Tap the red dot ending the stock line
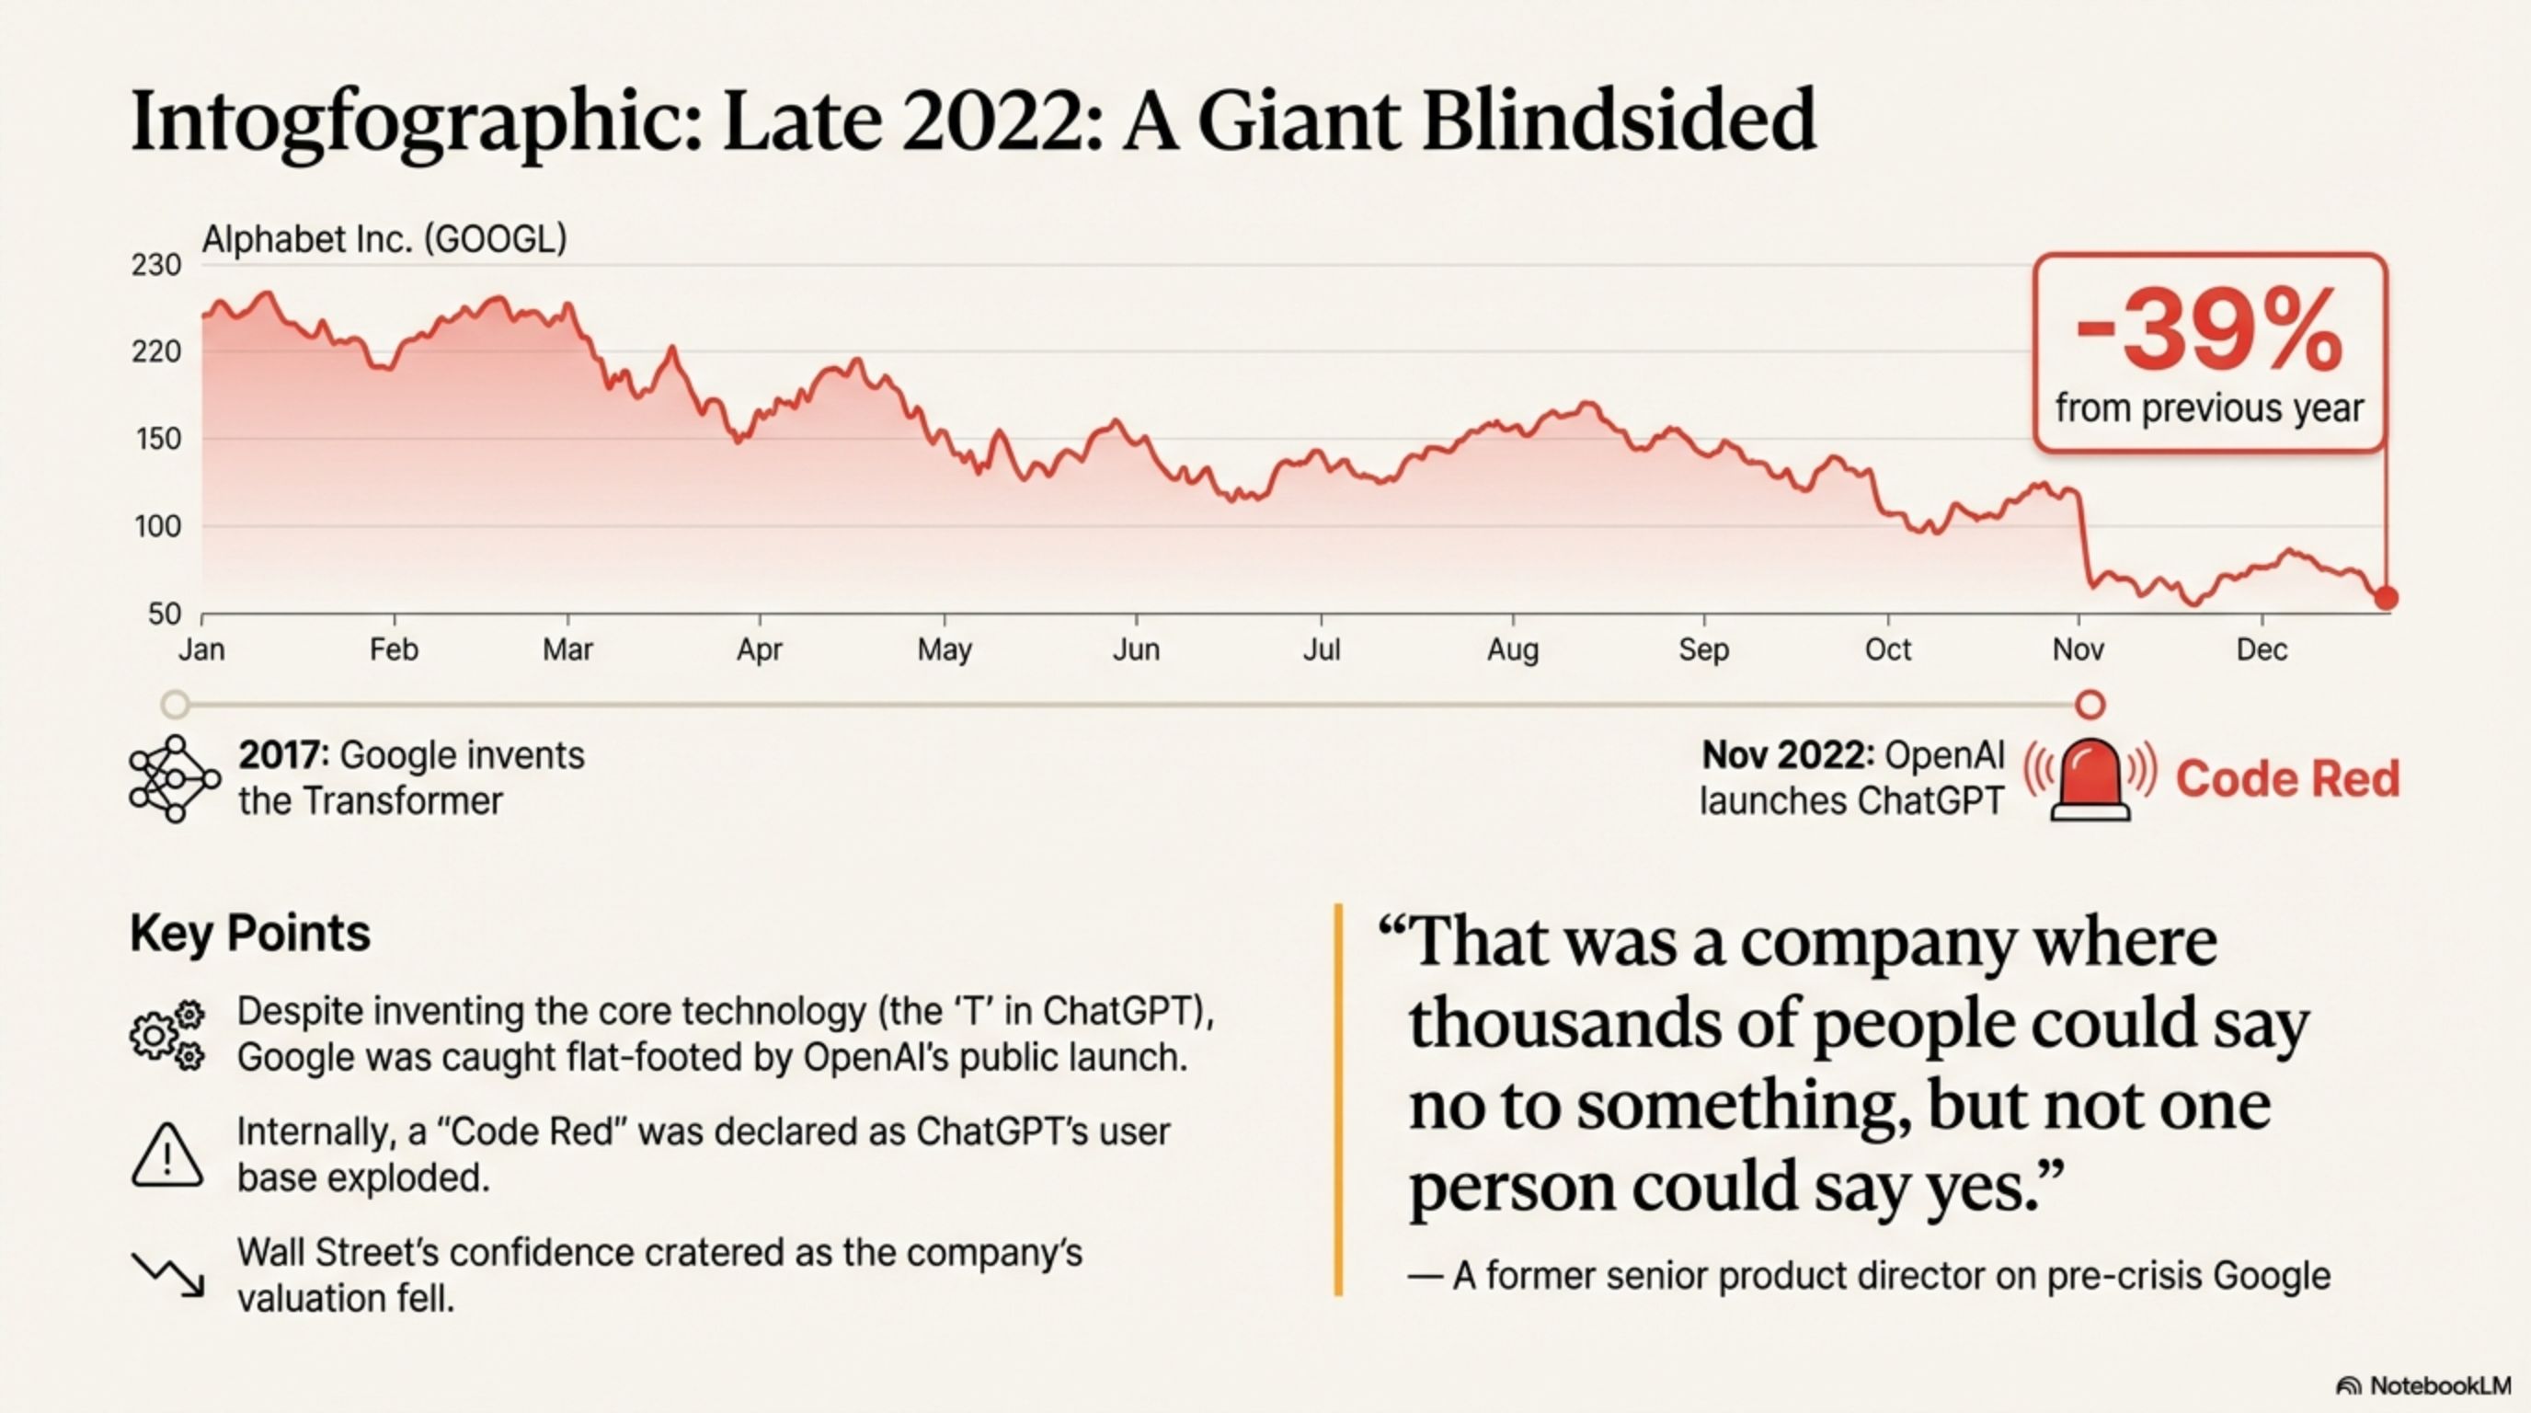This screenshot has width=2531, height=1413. (x=2386, y=597)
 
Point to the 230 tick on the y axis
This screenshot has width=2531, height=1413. (x=156, y=265)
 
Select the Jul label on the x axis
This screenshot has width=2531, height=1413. (x=1321, y=649)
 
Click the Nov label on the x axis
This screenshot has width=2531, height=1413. (x=2079, y=649)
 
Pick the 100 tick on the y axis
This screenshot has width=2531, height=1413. (x=157, y=527)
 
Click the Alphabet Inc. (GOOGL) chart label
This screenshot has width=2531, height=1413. (x=384, y=240)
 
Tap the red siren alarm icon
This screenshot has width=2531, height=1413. (x=2090, y=779)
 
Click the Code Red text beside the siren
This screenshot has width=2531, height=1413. (x=2287, y=779)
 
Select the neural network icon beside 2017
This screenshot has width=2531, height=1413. (x=173, y=778)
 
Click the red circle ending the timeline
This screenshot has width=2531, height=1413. (x=2090, y=705)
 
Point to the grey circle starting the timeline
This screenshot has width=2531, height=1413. (x=175, y=705)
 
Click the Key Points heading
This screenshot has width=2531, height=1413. (x=250, y=933)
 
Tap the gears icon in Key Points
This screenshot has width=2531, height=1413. (x=167, y=1035)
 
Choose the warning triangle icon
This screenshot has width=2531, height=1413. (x=167, y=1155)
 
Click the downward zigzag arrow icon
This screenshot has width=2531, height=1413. (x=168, y=1274)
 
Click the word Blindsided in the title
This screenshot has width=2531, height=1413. (x=1619, y=121)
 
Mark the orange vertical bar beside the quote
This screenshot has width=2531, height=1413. (x=1338, y=1099)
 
